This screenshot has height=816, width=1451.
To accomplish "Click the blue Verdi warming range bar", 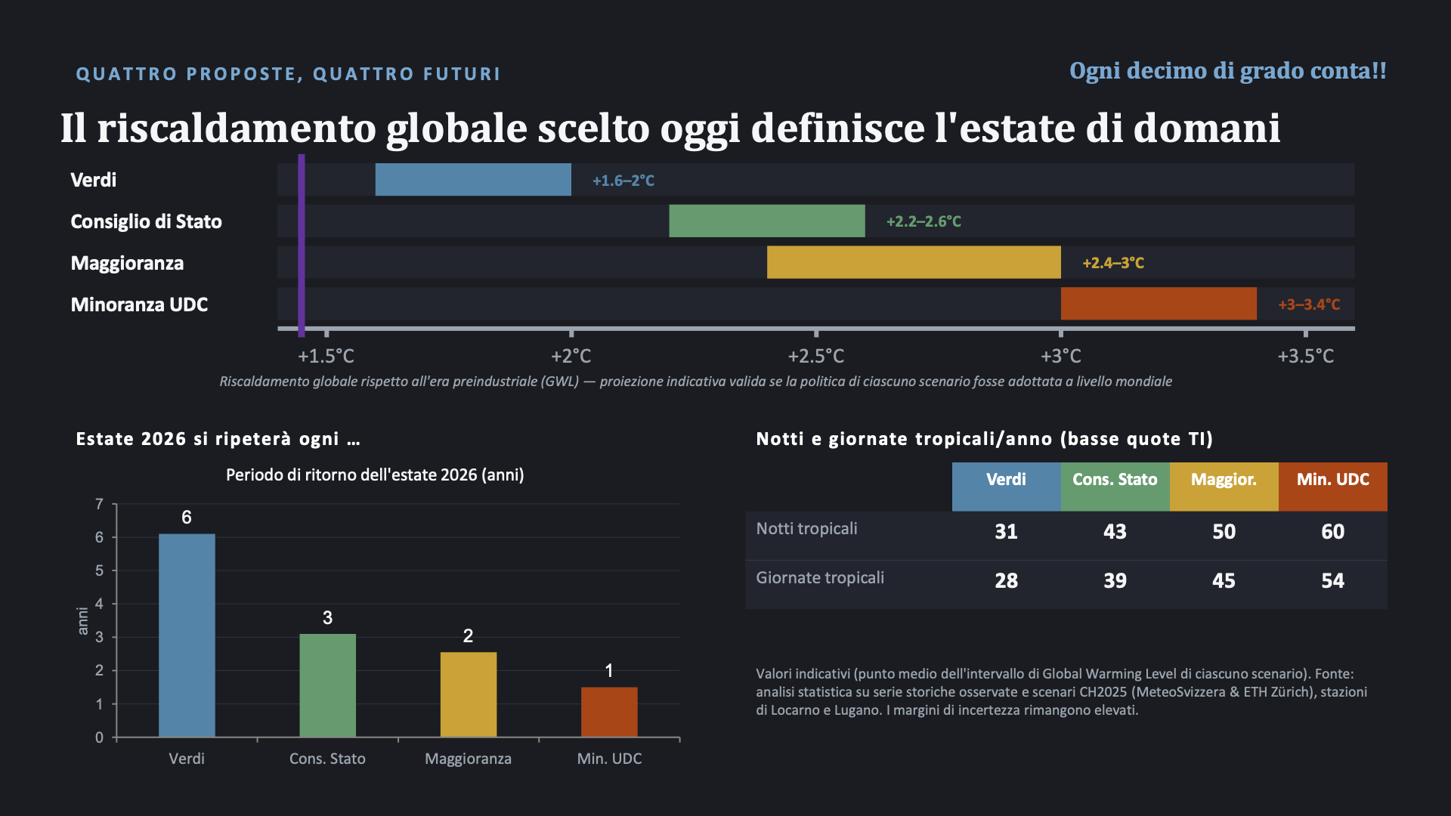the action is (473, 180).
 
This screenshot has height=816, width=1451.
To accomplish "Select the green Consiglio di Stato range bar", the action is (767, 221).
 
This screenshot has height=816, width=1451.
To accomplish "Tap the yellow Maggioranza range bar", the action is (914, 262).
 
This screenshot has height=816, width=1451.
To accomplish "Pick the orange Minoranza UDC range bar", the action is (1159, 304).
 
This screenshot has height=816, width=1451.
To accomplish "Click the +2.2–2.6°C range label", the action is (924, 221).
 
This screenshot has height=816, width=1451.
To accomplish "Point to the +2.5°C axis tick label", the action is (816, 356).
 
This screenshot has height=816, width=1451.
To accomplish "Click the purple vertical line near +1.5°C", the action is (302, 246).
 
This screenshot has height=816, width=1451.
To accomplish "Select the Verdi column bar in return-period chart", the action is (187, 635).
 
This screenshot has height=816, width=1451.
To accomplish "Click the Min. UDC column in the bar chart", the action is (609, 712).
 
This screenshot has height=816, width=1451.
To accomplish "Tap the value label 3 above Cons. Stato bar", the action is (327, 618).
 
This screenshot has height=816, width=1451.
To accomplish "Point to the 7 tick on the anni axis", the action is (99, 504).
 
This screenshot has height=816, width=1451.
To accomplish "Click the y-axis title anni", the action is (83, 621).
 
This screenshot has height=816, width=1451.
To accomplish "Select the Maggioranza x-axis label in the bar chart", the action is (468, 759).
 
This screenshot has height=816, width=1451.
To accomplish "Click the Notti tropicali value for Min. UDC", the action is (1333, 531).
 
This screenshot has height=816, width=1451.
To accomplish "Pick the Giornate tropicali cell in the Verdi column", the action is (1006, 580).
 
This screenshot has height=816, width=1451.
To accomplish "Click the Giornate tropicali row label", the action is (820, 578).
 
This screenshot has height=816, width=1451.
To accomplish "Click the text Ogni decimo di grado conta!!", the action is (1228, 70).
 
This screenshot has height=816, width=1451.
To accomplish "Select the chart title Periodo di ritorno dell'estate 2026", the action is (375, 474).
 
